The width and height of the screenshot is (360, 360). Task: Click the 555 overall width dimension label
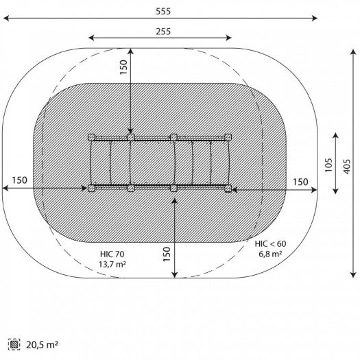pyautogui.click(x=163, y=11)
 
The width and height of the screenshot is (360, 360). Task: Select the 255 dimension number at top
pyautogui.click(x=163, y=32)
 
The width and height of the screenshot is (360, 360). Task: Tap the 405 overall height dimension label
pyautogui.click(x=347, y=167)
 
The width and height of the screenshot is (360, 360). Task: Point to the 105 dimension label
pyautogui.click(x=328, y=165)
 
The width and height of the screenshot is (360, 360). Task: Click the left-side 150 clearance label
pyautogui.click(x=19, y=180)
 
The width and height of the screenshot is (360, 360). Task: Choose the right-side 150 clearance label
pyautogui.click(x=300, y=182)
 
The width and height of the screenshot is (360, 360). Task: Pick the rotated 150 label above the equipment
pyautogui.click(x=123, y=67)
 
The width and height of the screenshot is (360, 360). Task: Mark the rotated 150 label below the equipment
pyautogui.click(x=167, y=254)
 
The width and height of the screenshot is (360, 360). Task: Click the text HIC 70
pyautogui.click(x=112, y=254)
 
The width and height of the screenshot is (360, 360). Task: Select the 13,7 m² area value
pyautogui.click(x=112, y=264)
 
